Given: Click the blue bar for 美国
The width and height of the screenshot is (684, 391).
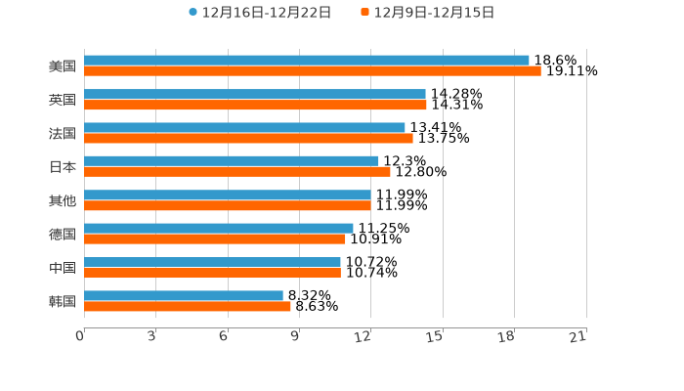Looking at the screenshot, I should (307, 61).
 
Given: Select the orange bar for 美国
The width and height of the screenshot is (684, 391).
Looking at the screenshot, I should (313, 71).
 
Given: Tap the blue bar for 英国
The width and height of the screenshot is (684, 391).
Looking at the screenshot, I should (255, 94).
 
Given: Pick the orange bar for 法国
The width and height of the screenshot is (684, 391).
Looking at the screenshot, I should (248, 138).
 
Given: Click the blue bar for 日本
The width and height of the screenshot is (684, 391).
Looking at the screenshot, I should (232, 161).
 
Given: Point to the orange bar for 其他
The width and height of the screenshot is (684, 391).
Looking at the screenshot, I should (228, 205).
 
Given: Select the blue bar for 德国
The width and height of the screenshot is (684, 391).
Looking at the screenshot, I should (219, 228).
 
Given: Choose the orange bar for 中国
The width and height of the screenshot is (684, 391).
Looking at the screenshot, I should (212, 273).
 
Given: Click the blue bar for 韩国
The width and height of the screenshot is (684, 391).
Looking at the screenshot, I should (184, 295).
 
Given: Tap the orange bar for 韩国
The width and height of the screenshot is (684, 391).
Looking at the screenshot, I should (188, 306).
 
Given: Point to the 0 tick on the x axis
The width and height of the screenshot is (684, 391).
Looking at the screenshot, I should (81, 337).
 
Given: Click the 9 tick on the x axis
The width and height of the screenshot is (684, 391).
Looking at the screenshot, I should (296, 337).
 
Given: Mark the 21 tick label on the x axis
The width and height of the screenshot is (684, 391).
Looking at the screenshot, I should (578, 337).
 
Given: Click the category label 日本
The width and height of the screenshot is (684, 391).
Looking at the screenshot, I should (63, 166).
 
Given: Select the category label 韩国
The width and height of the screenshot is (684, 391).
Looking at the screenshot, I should (63, 301).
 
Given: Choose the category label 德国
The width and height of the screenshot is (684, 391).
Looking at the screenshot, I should (63, 234).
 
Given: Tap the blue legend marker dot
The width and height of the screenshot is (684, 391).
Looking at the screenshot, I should (192, 13).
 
